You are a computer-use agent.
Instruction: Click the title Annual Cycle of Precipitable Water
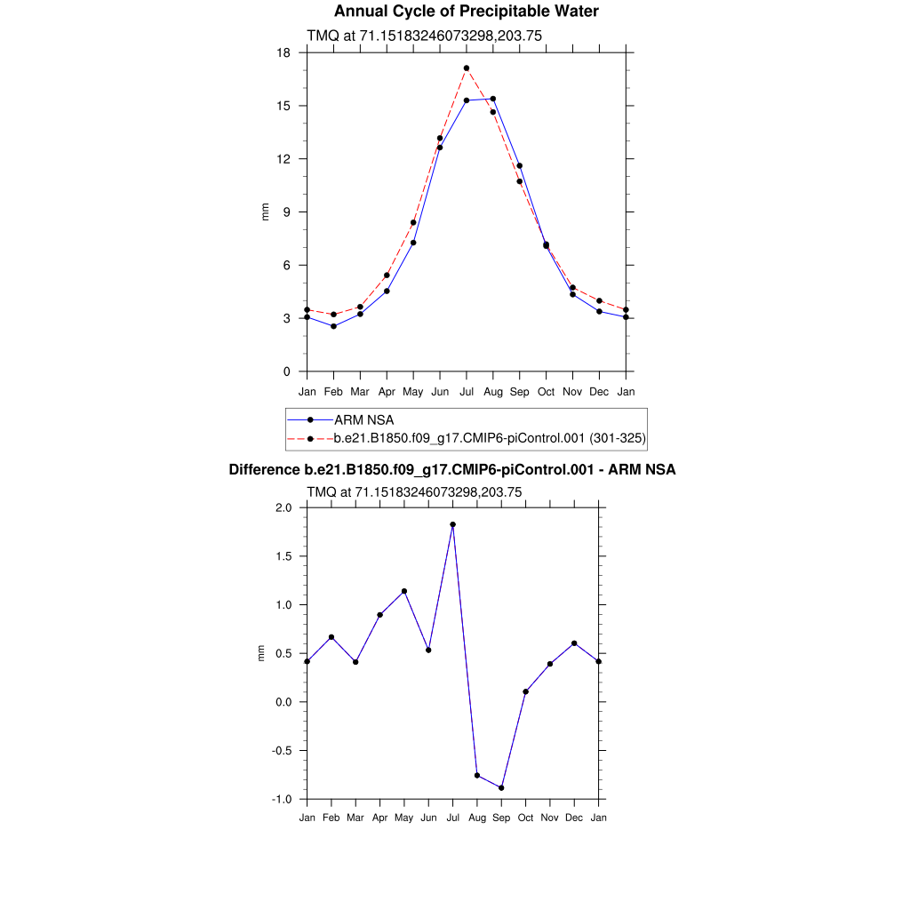click(x=466, y=12)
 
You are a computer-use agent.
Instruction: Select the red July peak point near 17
click(x=467, y=68)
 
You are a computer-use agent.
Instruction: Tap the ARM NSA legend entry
click(x=363, y=419)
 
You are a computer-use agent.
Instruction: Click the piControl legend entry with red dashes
click(x=489, y=438)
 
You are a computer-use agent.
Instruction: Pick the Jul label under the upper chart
click(x=467, y=392)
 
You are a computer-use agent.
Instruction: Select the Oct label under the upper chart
click(x=546, y=392)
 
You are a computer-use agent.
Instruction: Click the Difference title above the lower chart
click(x=452, y=470)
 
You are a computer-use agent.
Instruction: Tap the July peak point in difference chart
click(x=453, y=524)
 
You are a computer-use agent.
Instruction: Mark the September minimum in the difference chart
click(x=501, y=787)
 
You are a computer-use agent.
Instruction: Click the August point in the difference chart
click(x=477, y=776)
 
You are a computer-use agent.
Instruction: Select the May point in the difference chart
click(x=404, y=591)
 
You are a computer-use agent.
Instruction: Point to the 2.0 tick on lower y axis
click(x=283, y=508)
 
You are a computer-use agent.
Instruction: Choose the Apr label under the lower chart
click(x=379, y=818)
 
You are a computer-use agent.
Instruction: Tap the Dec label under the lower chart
click(x=574, y=818)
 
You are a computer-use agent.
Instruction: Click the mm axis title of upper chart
click(x=265, y=212)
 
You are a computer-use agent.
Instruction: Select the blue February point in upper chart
click(x=333, y=326)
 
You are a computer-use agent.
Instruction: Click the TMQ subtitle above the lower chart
click(x=413, y=491)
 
